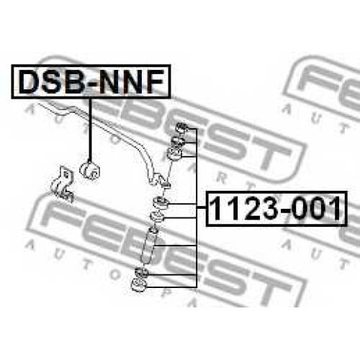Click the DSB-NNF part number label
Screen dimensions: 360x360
coord(91,81)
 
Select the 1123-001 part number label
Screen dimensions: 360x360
coord(276,209)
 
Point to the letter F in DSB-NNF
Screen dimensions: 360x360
coord(156,81)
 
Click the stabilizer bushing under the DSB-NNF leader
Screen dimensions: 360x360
coord(90,170)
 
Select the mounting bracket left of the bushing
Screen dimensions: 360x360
coord(62,184)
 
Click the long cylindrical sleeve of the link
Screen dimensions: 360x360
coord(148,246)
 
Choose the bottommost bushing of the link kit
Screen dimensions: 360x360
coord(139,285)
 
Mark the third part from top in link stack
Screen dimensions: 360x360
coord(175,154)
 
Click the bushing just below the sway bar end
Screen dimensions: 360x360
coord(161,202)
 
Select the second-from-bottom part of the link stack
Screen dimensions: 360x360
coord(142,272)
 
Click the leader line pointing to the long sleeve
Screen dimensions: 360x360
coord(176,246)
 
